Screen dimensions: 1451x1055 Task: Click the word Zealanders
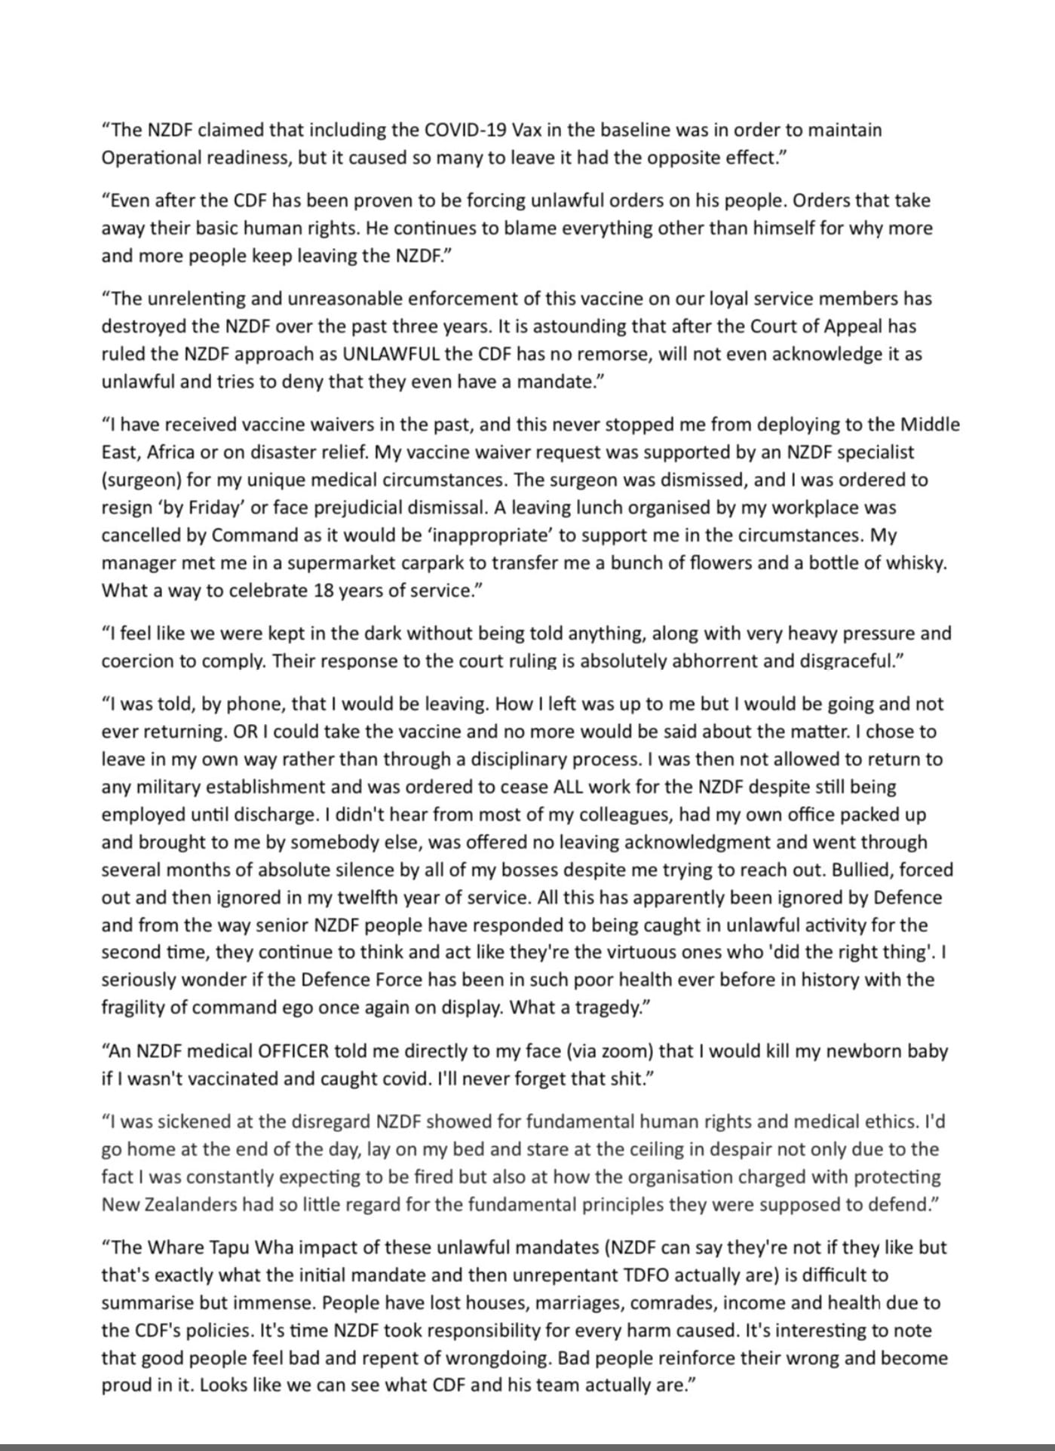(189, 1204)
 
